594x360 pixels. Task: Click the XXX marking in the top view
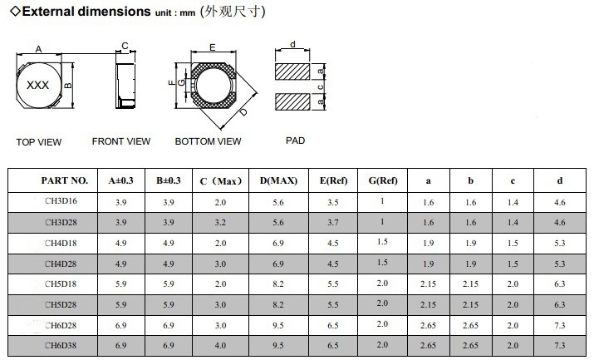[x=37, y=85]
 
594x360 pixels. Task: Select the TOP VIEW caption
[x=39, y=142]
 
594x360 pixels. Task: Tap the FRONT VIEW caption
[x=121, y=141]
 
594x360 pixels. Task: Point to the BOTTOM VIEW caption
[x=208, y=141]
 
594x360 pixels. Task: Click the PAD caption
[x=296, y=141]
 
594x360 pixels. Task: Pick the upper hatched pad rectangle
[x=292, y=72]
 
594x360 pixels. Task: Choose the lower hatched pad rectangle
[x=292, y=102]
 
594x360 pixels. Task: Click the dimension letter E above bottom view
[x=213, y=47]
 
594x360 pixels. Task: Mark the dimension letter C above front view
[x=125, y=46]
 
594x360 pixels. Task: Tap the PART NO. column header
[x=65, y=180]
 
